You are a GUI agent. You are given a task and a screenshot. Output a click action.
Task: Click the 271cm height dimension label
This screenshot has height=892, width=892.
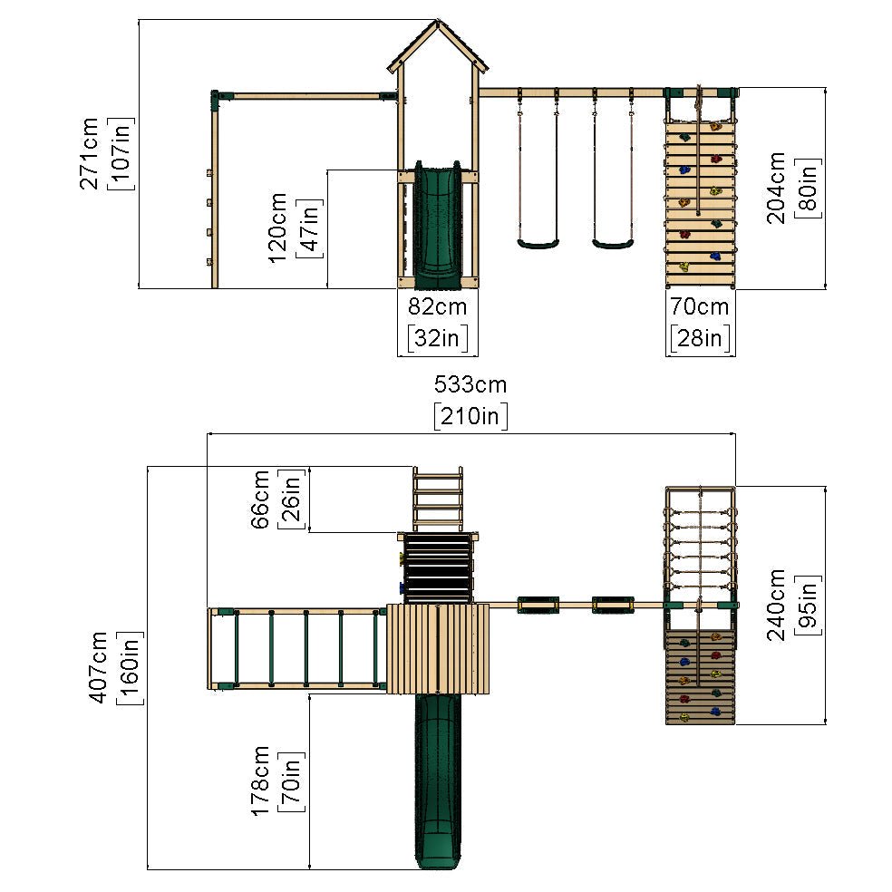89,153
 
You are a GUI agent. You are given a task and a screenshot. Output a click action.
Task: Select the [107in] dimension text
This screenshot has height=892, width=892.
121,153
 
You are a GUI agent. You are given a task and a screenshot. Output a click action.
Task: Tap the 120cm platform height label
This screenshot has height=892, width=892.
277,228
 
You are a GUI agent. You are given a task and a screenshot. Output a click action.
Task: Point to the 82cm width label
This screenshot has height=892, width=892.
438,306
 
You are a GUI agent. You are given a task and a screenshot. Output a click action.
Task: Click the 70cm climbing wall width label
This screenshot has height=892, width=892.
699,306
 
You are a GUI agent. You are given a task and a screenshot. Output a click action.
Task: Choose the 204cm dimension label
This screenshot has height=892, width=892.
776,188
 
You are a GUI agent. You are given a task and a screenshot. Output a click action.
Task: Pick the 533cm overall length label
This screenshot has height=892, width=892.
470,384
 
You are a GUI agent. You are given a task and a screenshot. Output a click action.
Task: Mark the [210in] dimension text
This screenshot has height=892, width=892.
470,416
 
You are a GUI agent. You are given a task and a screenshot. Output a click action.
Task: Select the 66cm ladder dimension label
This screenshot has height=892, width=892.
259,499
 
